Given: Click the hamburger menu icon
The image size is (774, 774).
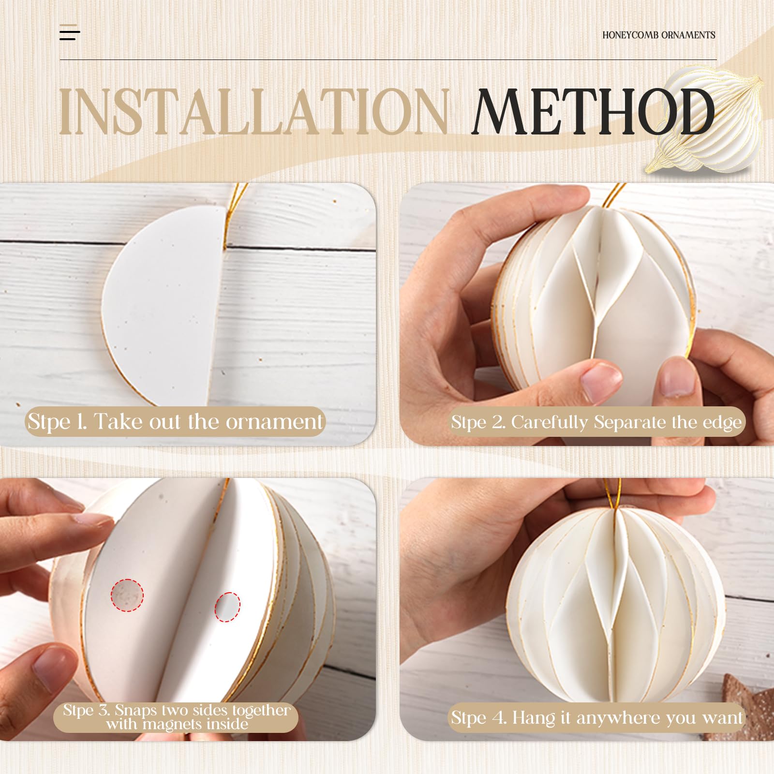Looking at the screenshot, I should tap(70, 32).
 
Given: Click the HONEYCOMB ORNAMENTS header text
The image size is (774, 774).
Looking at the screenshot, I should tap(658, 35).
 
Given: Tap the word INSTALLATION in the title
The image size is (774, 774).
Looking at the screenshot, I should tap(254, 112).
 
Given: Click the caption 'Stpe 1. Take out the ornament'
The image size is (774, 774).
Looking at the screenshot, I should tap(175, 422).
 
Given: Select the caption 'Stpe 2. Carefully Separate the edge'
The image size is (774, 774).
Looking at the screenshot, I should tap(596, 422).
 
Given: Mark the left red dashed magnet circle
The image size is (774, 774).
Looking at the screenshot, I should tap(127, 595).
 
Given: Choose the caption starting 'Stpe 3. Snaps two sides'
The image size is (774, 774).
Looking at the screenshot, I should tap(177, 717).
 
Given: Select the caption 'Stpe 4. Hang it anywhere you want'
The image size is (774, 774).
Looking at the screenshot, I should tap(596, 717).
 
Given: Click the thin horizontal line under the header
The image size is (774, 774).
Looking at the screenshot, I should tap(387, 60).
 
